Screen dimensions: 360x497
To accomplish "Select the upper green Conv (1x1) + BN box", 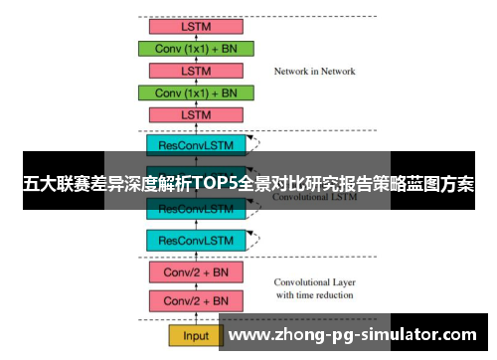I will pos(197,48).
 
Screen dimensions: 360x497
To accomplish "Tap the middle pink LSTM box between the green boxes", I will pos(196,71).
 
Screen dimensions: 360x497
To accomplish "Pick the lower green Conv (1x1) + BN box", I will pos(197,92).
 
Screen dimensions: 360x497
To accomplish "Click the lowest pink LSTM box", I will pos(196,115).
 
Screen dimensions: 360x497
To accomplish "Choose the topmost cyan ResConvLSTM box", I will pos(195,145).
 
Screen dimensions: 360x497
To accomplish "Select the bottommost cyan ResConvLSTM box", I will pos(195,241).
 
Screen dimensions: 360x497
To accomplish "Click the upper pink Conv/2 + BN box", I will pos(195,271).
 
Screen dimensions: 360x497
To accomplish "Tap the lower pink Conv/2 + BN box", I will pos(195,300).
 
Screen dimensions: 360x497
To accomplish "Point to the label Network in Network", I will pos(314,72).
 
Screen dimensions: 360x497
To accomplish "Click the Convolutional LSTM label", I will pos(314,195).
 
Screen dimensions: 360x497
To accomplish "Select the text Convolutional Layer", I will pos(314,281).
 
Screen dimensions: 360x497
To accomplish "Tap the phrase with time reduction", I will pos(314,295).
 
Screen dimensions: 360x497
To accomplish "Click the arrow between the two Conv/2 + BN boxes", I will pos(195,286).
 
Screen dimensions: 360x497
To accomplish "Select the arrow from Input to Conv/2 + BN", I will pos(195,318).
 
